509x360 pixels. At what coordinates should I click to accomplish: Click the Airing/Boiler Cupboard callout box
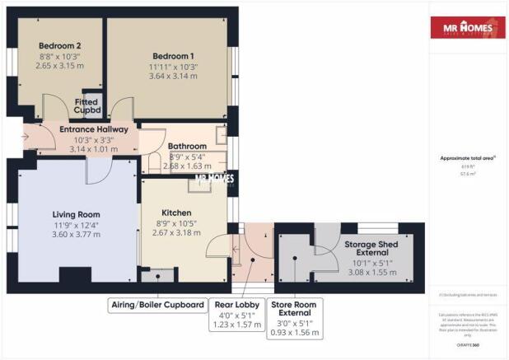[x=157, y=306]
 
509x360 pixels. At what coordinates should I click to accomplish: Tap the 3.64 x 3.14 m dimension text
[x=169, y=76]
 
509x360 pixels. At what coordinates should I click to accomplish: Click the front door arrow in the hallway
[x=26, y=137]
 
